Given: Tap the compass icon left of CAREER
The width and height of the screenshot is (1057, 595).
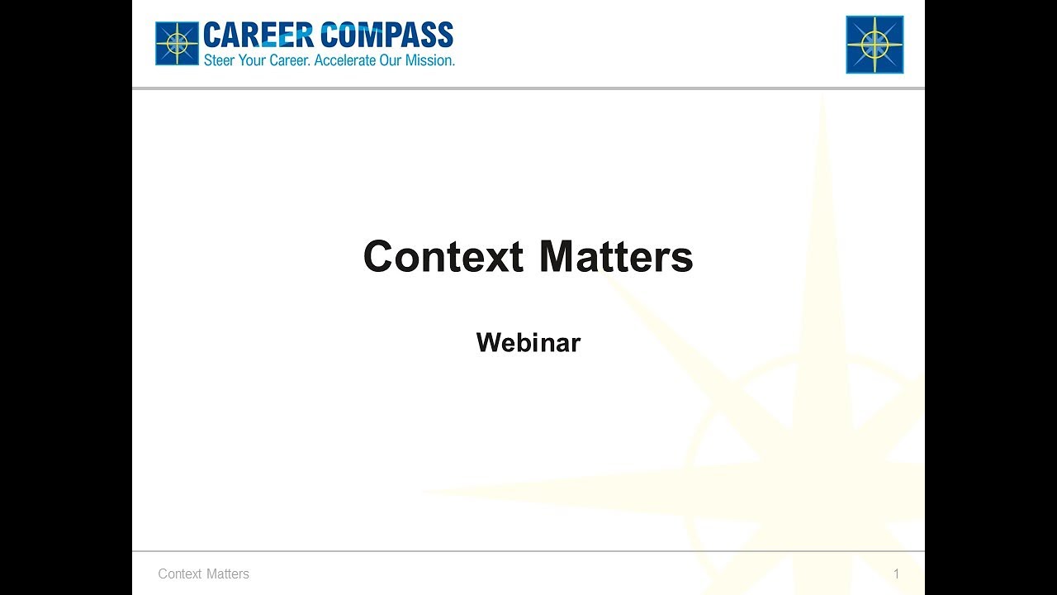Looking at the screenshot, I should (x=177, y=43).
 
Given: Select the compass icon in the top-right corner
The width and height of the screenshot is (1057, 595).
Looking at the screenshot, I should (x=875, y=45).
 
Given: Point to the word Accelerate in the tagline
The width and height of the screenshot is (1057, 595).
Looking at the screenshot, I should (x=346, y=60).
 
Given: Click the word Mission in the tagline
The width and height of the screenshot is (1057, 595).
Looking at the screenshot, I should (x=429, y=60).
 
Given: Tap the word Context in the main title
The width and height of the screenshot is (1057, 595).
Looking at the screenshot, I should (x=443, y=256).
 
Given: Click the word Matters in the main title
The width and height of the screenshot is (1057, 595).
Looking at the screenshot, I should (x=616, y=256).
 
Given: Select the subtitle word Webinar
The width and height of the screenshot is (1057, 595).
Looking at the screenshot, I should (x=528, y=342).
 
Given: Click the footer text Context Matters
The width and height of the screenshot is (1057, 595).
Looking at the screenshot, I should (x=203, y=574).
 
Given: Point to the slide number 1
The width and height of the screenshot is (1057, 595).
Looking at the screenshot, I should (x=896, y=574).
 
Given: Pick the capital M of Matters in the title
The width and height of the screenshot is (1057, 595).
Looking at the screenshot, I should (x=557, y=256).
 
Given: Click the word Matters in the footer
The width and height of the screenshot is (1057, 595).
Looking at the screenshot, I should (x=228, y=574).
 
